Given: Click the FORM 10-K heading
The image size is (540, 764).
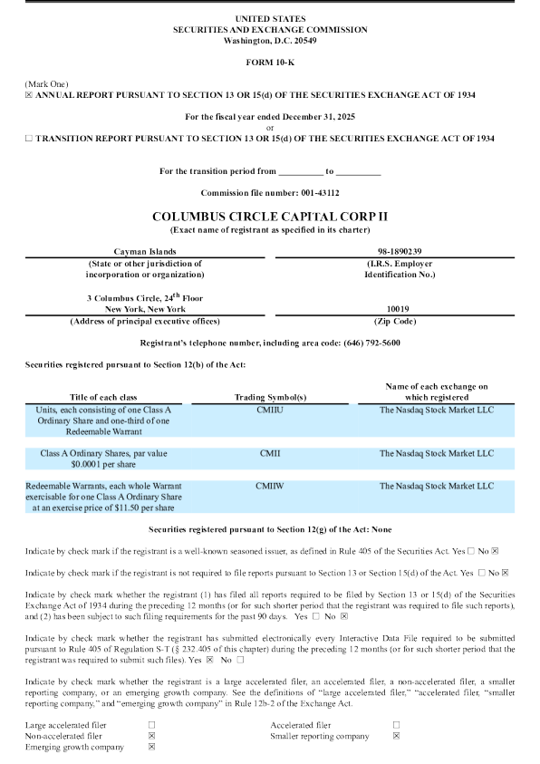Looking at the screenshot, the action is [269, 61].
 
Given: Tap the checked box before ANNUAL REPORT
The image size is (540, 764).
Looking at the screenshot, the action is [29, 95].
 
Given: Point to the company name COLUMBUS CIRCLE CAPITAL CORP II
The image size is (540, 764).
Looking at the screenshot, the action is [270, 218].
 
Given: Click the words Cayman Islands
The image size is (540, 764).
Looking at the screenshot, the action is [145, 251].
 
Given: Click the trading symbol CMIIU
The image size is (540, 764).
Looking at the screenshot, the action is [269, 410].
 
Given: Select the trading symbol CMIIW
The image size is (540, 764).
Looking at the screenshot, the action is [269, 486].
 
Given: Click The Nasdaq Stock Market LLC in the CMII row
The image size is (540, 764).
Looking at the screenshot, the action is [437, 453].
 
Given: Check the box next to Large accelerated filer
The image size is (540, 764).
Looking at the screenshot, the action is [151, 725].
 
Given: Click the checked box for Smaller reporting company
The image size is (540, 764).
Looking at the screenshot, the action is [396, 737].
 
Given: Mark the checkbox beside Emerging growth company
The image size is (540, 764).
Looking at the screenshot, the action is [151, 748].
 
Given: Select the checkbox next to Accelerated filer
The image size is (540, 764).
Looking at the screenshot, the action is [396, 725].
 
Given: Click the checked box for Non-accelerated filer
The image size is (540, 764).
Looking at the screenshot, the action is [151, 737].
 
